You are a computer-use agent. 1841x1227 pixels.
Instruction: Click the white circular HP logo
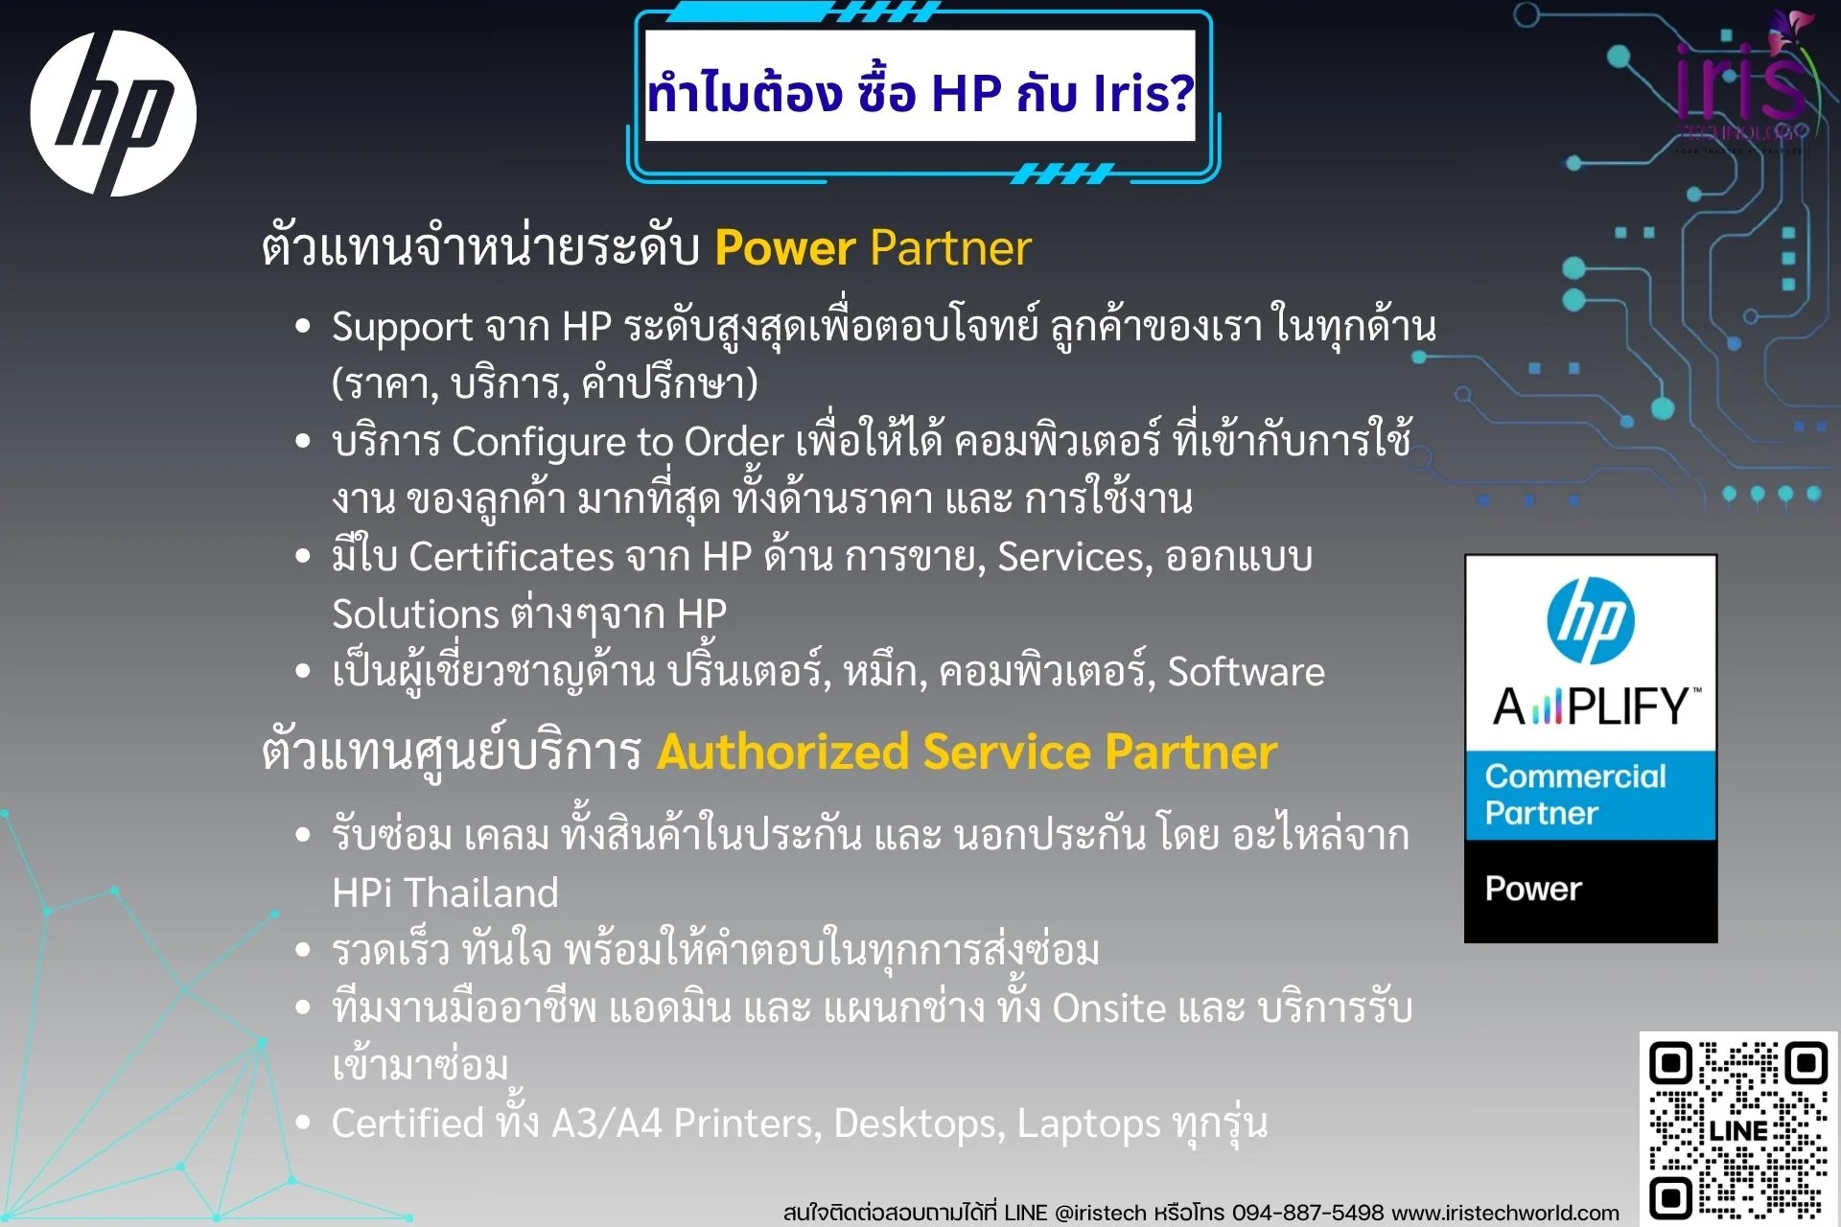(113, 113)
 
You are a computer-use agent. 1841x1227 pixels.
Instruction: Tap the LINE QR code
(1737, 1129)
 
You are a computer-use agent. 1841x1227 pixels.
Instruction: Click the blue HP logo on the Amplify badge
(1590, 621)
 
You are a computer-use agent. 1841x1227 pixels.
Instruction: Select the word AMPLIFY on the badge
(1596, 707)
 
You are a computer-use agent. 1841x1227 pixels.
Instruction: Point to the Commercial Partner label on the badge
(1574, 794)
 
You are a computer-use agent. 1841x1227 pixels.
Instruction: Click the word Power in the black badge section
(1532, 889)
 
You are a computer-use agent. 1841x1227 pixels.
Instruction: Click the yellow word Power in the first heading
(784, 248)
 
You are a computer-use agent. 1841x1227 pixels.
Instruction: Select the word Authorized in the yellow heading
(782, 752)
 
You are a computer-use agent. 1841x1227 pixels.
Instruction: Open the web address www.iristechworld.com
(1505, 1213)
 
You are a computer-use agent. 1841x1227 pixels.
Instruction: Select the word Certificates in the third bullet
(511, 557)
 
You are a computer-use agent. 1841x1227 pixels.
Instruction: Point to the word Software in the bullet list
(1246, 672)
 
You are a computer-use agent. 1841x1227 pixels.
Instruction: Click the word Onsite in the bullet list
(1108, 1008)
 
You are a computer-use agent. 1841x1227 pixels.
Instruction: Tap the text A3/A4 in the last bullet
(606, 1123)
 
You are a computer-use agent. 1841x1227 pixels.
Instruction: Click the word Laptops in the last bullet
(1088, 1123)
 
